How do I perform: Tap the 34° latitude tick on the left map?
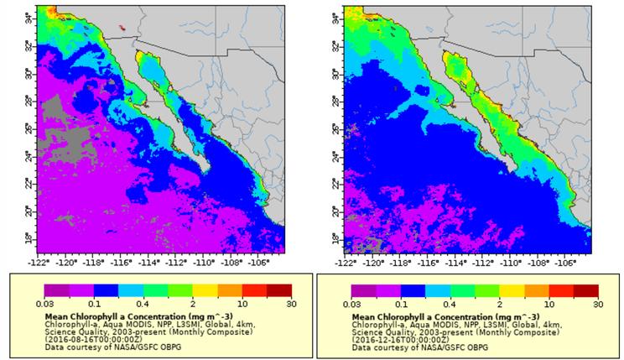pos(28,16)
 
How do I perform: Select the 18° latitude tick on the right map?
pos(334,239)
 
